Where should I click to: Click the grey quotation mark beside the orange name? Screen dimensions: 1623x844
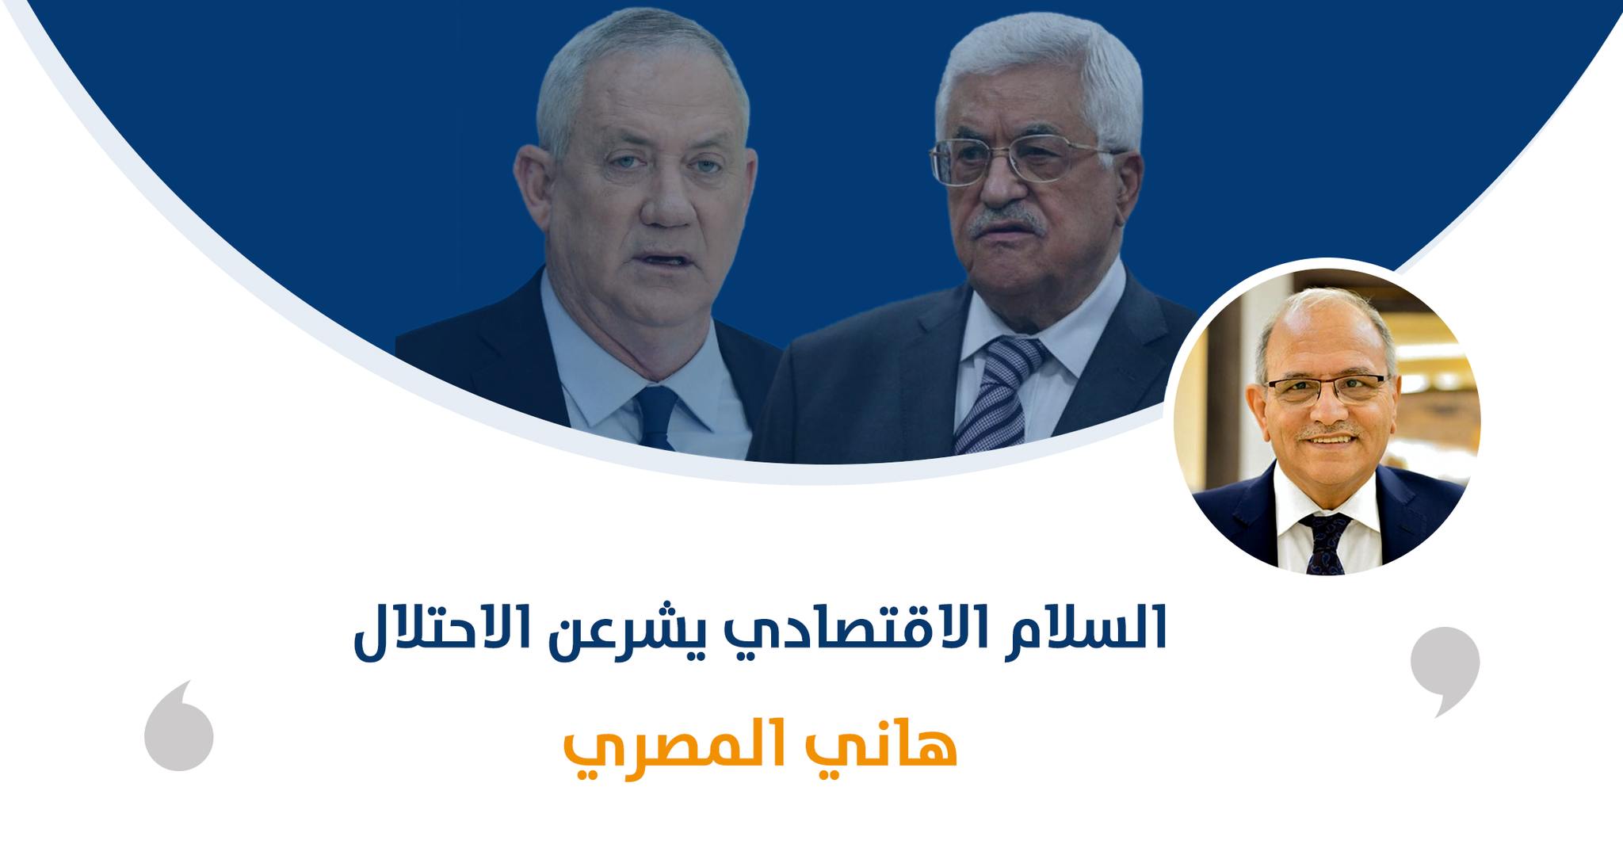pos(179,725)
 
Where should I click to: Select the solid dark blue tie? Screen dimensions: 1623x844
pos(656,417)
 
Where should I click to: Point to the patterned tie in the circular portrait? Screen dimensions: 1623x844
pos(1326,543)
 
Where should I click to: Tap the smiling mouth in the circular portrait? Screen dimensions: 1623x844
pos(1331,438)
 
